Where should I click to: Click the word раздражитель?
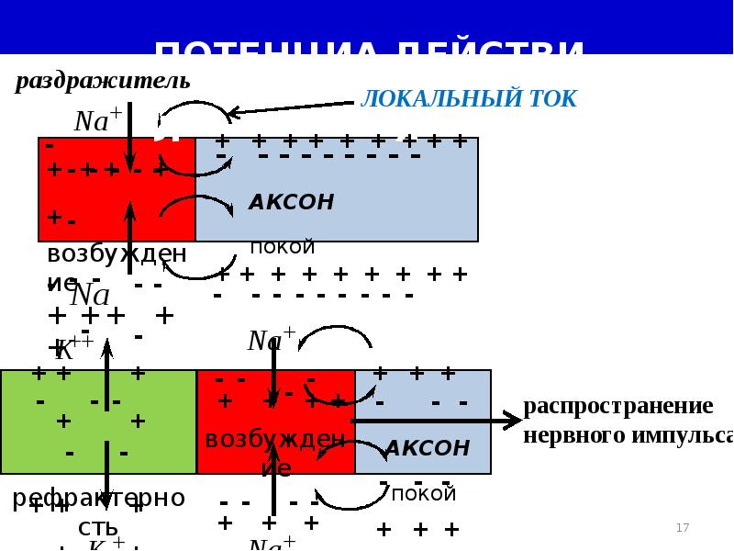(102, 81)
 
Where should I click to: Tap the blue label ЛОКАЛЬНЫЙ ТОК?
(469, 99)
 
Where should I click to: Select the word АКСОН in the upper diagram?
(291, 202)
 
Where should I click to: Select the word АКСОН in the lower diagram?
(427, 448)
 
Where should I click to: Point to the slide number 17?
(682, 528)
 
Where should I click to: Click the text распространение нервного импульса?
(628, 420)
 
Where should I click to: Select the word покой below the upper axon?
(283, 247)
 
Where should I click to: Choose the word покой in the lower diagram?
(424, 493)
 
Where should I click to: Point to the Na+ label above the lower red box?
(271, 341)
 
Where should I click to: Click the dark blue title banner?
(367, 28)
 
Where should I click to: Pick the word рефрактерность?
(98, 511)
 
